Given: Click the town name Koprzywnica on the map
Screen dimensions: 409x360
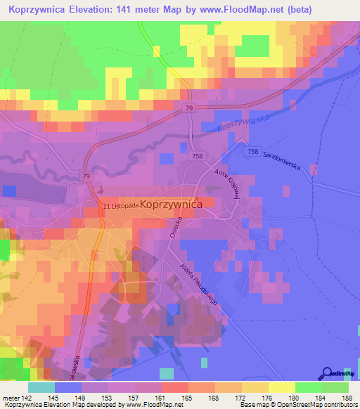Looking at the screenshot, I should click(x=172, y=203).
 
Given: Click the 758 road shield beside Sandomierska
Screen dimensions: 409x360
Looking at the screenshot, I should click(x=254, y=151).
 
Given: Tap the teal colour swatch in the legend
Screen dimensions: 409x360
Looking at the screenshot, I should click(x=41, y=387).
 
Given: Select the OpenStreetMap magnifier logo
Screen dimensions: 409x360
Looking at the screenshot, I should click(x=328, y=373).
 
